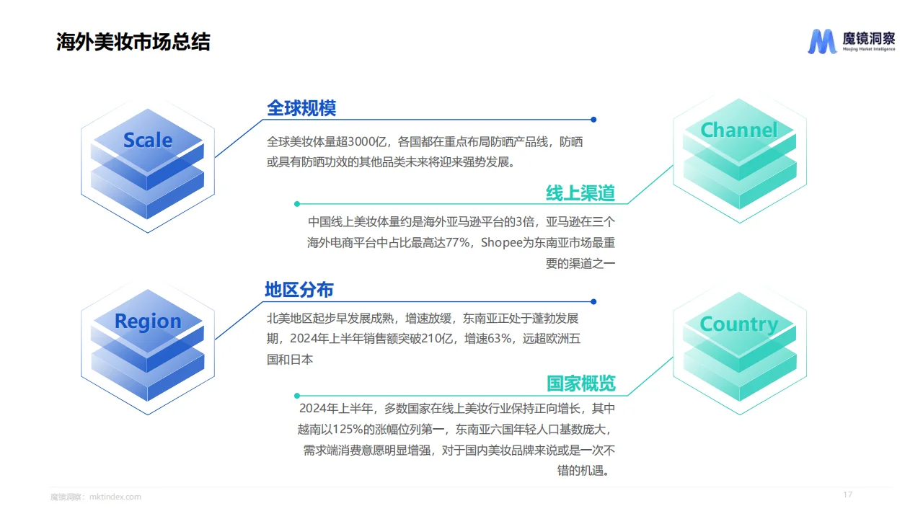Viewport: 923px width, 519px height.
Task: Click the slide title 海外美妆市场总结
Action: (133, 42)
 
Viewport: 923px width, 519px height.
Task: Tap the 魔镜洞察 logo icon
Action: (821, 42)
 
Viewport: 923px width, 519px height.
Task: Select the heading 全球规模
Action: (301, 108)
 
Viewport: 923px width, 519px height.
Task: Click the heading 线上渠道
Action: (580, 193)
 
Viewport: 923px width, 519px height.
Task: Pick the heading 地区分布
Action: (299, 290)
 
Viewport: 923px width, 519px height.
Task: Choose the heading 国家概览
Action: (580, 383)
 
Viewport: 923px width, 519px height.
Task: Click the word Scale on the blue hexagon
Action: (148, 140)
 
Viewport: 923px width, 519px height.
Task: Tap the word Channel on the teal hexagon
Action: (739, 130)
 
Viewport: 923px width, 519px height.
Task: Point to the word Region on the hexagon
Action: (148, 321)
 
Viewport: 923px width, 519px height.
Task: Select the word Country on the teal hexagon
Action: (739, 324)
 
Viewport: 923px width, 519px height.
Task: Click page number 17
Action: (848, 494)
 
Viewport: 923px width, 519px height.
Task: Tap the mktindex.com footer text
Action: (115, 497)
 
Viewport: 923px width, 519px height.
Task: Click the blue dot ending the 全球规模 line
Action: (593, 120)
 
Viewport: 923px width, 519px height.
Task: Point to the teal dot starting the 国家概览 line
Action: (296, 395)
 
